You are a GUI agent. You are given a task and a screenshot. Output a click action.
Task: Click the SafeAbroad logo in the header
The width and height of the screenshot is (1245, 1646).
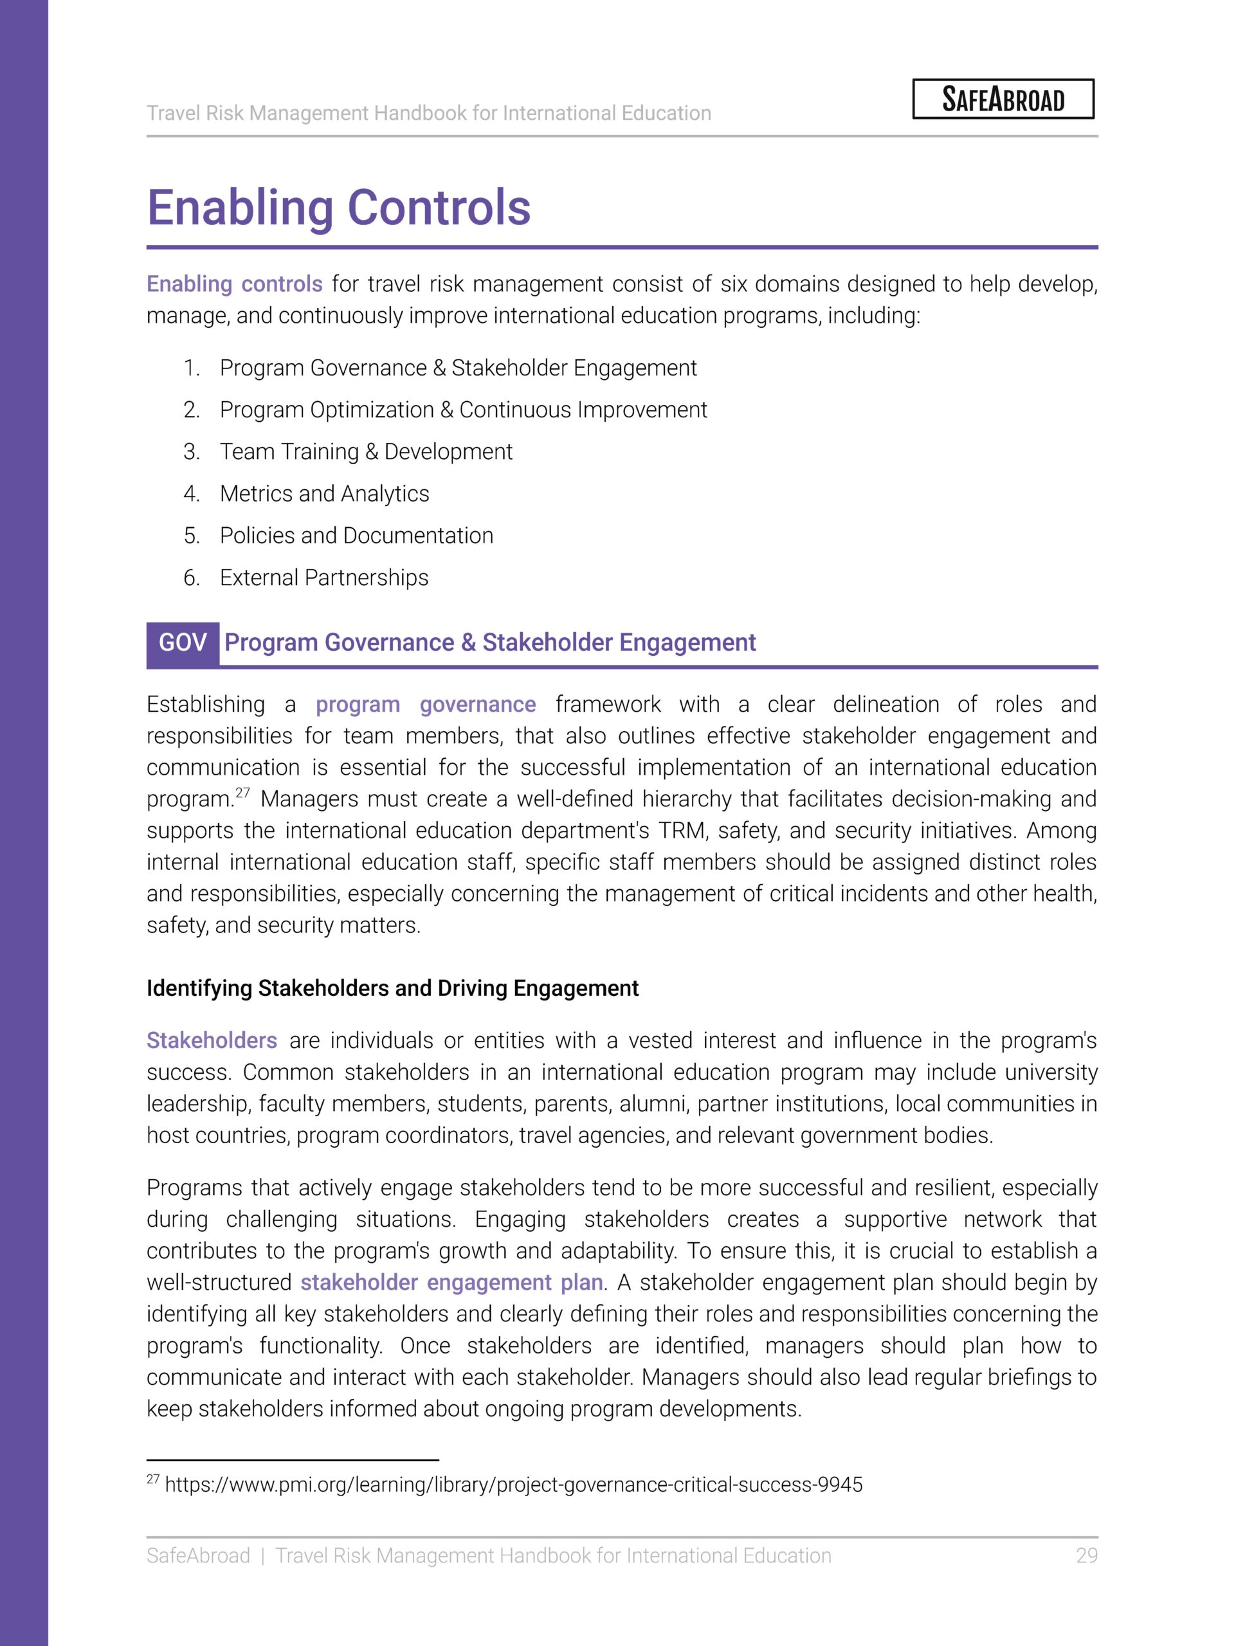1003,99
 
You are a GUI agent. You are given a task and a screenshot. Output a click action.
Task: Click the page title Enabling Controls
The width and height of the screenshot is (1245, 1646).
339,208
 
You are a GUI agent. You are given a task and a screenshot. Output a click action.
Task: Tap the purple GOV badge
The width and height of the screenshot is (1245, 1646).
183,643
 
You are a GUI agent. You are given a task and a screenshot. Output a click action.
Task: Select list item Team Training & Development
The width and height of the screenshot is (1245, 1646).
365,451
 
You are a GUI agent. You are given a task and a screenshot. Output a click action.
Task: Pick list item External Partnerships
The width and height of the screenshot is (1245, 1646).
323,577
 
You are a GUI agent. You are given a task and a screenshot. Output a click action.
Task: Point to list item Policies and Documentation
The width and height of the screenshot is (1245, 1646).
356,536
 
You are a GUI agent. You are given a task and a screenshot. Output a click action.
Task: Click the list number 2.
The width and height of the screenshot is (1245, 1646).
191,410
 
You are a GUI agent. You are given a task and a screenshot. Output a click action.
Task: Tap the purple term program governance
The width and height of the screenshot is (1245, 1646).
425,704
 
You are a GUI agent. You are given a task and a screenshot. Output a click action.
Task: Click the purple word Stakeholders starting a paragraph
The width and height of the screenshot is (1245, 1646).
212,1040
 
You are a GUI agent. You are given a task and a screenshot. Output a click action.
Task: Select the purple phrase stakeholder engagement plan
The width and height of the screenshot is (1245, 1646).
451,1282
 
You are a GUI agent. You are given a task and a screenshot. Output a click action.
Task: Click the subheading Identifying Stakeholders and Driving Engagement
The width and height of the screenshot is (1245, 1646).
392,988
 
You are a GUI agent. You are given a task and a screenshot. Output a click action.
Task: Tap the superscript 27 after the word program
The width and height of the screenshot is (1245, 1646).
242,793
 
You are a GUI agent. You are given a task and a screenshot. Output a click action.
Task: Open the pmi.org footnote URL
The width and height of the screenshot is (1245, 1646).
513,1485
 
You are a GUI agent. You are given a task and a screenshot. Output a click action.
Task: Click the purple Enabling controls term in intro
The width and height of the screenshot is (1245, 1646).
233,284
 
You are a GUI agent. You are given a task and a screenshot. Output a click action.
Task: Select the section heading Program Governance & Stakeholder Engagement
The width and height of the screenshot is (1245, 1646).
489,643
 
